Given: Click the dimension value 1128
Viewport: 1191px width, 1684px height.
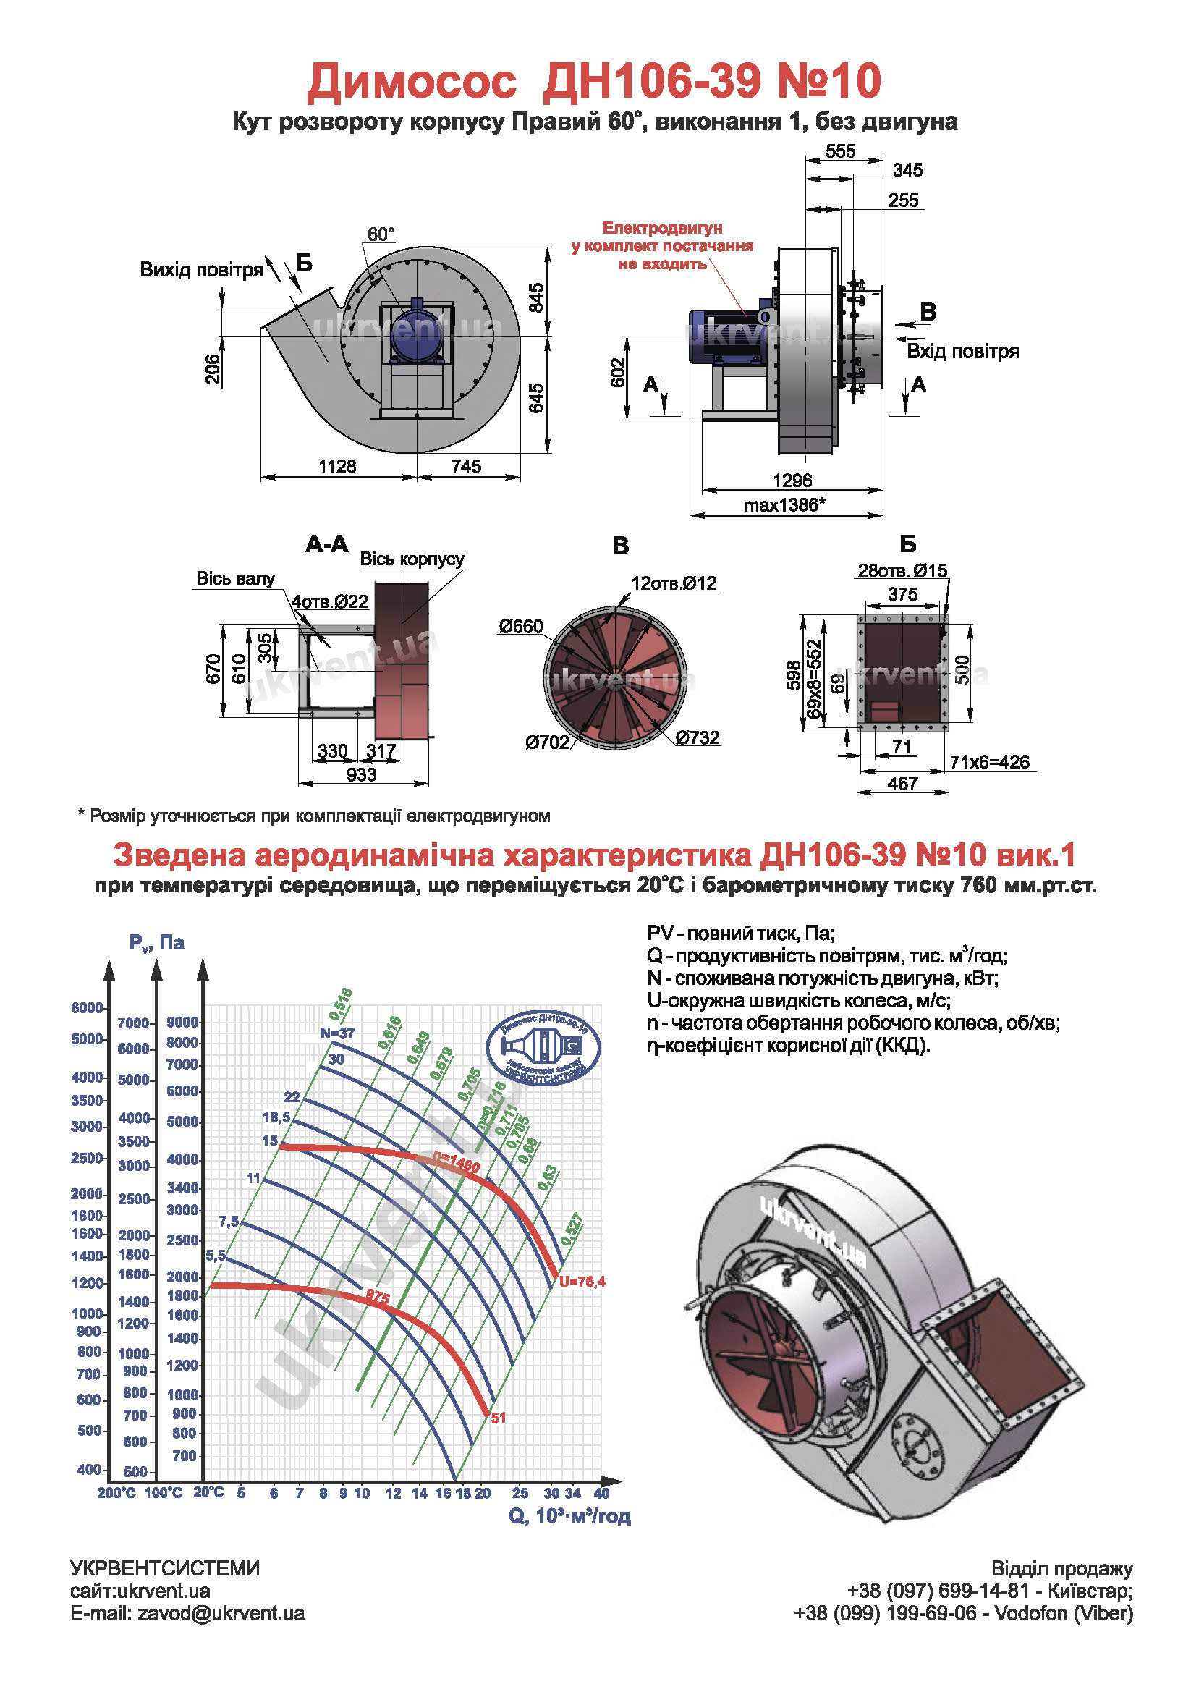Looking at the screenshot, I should pos(336,467).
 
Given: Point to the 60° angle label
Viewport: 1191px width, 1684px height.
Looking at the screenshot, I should pos(381,234).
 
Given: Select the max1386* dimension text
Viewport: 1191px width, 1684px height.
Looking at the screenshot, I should pos(784,504).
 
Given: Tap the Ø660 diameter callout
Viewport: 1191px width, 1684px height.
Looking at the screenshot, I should pos(521,627).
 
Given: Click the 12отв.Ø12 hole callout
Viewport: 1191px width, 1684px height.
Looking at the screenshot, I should pos(674,583).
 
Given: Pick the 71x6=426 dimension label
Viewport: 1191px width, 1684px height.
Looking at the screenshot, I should pos(989,762).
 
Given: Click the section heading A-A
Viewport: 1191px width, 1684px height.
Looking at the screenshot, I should pos(326,544).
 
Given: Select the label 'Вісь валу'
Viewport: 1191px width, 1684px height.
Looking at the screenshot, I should pos(235,579).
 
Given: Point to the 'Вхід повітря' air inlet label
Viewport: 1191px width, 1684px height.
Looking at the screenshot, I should pos(963,351).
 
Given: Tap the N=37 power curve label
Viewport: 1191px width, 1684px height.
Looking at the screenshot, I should pos(337,1034).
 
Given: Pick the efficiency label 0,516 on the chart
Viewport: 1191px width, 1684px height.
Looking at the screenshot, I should pos(341,1004).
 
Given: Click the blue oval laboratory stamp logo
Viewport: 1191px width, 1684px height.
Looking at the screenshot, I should pos(543,1046).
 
